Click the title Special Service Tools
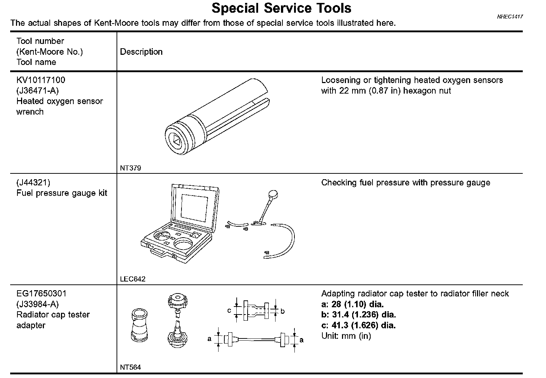pos(281,8)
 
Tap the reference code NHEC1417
pos(510,17)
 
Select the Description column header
pos(141,52)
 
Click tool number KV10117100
pos(41,80)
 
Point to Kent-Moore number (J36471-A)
pos(37,90)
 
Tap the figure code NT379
pos(130,168)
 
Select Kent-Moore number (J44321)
pos(33,182)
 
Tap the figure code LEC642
pos(133,279)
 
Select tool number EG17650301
pos(41,293)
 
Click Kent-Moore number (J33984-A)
pos(37,304)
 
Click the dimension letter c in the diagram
pos(229,311)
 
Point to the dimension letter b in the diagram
pos(283,311)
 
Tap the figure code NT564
pos(130,367)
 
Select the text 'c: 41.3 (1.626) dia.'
pos(358,325)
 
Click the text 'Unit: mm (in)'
pos(346,336)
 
